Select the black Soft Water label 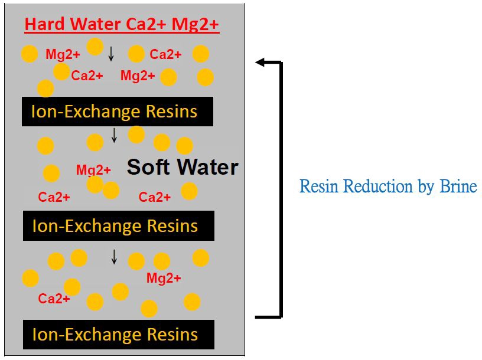(x=183, y=167)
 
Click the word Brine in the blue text (x=458, y=186)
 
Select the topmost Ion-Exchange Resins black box (x=118, y=112)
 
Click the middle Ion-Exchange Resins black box (x=118, y=225)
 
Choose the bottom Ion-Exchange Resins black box (x=118, y=335)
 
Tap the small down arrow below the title (x=111, y=54)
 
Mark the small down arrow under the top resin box (x=115, y=136)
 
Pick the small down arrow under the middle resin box (x=114, y=257)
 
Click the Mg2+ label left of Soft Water (x=93, y=171)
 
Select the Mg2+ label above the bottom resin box (x=164, y=278)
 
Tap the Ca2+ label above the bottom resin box (x=54, y=299)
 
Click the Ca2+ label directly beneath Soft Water (x=155, y=197)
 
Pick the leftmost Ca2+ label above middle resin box (x=54, y=197)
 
